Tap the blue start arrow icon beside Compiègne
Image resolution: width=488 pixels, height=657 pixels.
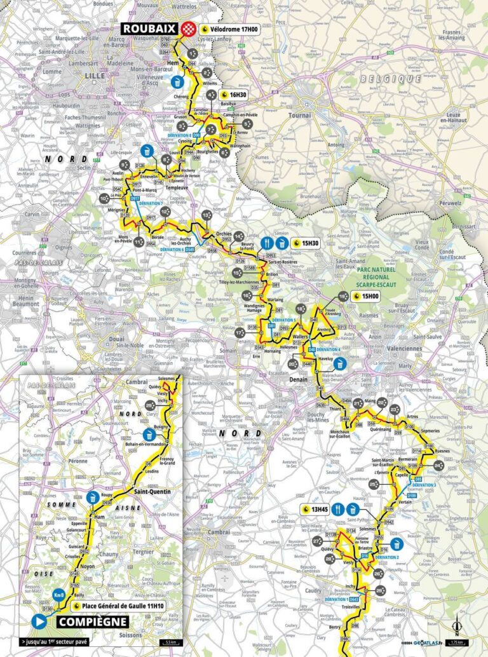(x=39, y=621)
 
